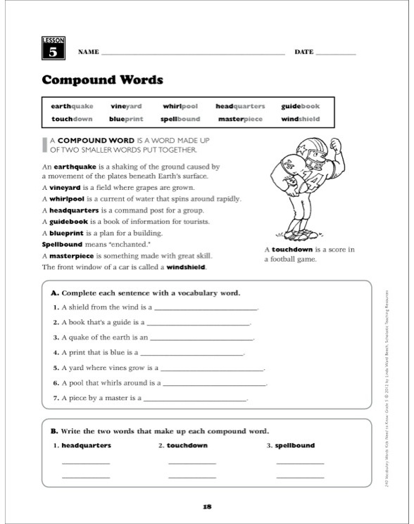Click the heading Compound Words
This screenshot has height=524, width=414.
(x=103, y=79)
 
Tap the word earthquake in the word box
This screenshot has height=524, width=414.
(x=72, y=106)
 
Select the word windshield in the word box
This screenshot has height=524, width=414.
(x=301, y=120)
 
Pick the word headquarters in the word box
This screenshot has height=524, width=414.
(x=240, y=106)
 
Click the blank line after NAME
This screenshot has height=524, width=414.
(x=194, y=53)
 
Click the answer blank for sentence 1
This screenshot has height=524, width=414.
(x=206, y=309)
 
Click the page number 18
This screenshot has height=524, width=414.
(x=206, y=506)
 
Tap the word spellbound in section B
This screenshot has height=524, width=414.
(x=295, y=445)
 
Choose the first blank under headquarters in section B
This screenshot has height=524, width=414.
(x=86, y=464)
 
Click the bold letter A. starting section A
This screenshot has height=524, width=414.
(x=56, y=293)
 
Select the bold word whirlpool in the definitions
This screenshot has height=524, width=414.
(x=68, y=199)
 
